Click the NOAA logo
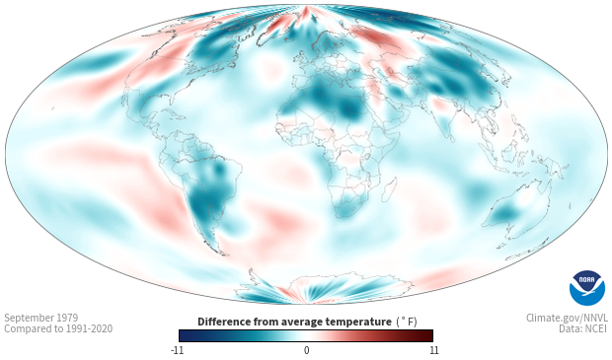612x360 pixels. (x=587, y=288)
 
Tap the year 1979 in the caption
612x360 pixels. (x=67, y=318)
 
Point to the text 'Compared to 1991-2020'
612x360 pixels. (x=58, y=328)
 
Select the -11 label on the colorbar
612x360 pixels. (x=177, y=350)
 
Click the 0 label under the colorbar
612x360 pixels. (x=306, y=350)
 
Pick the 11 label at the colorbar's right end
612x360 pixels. (x=433, y=350)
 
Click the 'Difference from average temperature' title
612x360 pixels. (x=294, y=322)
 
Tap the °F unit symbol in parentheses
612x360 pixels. (x=407, y=322)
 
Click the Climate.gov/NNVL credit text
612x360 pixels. (x=567, y=318)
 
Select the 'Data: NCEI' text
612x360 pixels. (x=583, y=328)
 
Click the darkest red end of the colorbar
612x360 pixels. (x=430, y=335)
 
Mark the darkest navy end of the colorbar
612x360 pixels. (x=182, y=335)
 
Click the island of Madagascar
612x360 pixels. (x=389, y=189)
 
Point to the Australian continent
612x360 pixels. (x=515, y=210)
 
